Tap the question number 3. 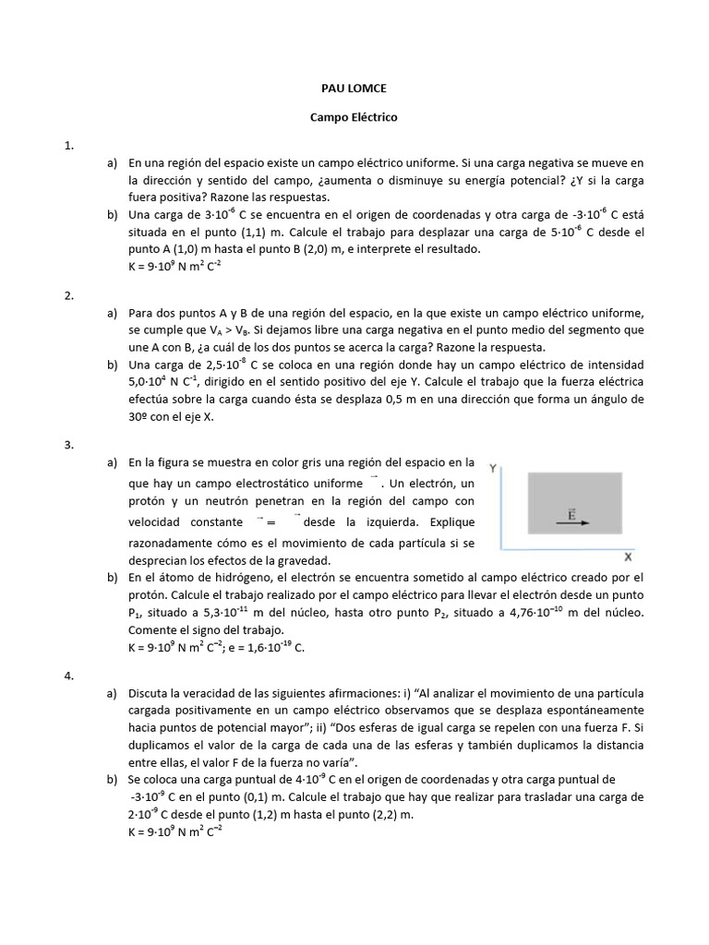(68, 445)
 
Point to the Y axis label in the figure (494, 469)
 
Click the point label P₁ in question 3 (136, 614)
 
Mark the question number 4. (68, 676)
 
